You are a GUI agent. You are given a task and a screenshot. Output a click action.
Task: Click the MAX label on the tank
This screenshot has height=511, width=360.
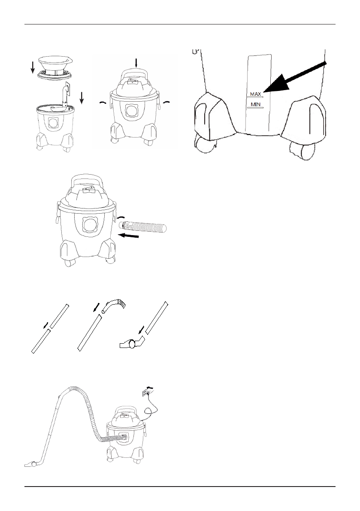pos(255,93)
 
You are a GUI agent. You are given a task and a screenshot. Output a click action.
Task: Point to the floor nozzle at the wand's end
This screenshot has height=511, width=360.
pos(30,464)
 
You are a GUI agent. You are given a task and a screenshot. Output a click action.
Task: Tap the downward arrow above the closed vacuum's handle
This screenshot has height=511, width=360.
pos(136,63)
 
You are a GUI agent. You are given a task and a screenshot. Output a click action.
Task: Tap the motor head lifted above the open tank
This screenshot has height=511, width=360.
pos(54,66)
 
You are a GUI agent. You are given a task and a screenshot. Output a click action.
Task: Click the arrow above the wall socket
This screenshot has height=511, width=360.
pos(149,387)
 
